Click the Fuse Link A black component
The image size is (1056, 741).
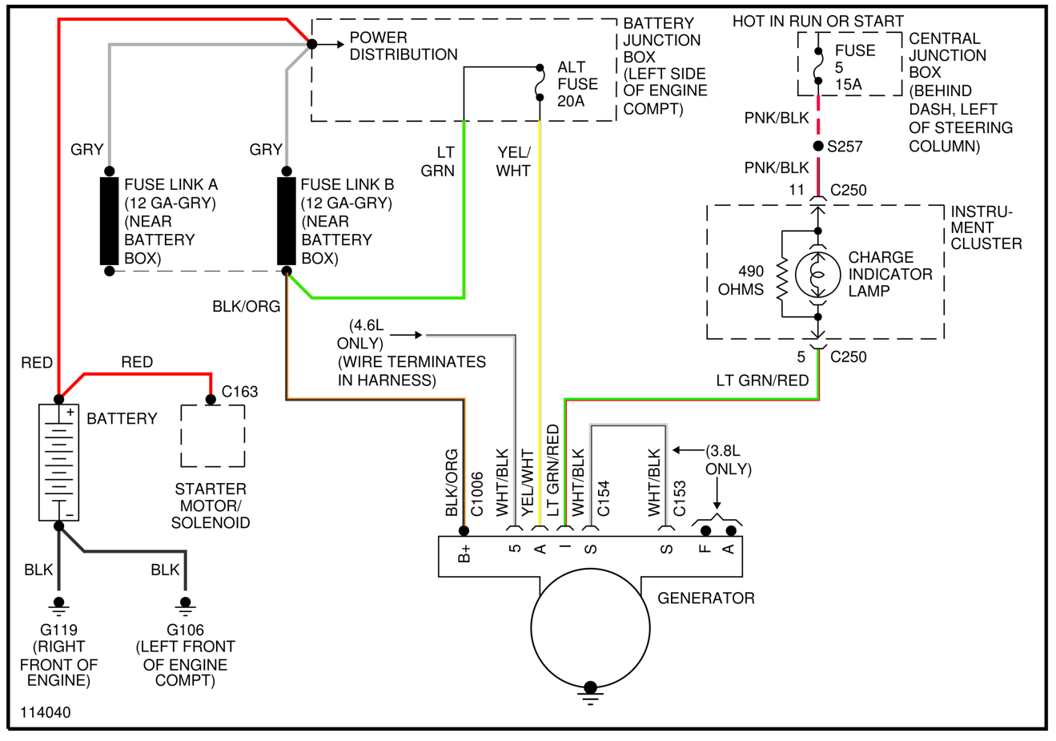click(x=109, y=220)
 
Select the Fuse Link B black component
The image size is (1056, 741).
click(x=286, y=220)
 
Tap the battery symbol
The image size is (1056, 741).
click(x=59, y=462)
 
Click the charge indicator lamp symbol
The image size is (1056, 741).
click(x=817, y=274)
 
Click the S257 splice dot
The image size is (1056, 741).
click(x=817, y=146)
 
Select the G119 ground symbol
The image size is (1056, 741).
click(x=58, y=605)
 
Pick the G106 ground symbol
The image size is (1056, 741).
click(x=186, y=605)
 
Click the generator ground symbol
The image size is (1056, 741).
click(x=590, y=692)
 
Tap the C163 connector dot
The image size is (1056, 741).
click(x=211, y=399)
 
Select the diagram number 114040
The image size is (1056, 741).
click(x=46, y=712)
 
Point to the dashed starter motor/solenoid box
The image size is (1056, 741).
click(x=212, y=436)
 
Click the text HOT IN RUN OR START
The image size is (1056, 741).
click(x=817, y=21)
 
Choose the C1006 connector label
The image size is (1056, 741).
click(x=477, y=493)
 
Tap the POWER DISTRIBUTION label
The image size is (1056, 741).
click(x=404, y=46)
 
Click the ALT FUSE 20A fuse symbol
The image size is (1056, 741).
click(x=540, y=83)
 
